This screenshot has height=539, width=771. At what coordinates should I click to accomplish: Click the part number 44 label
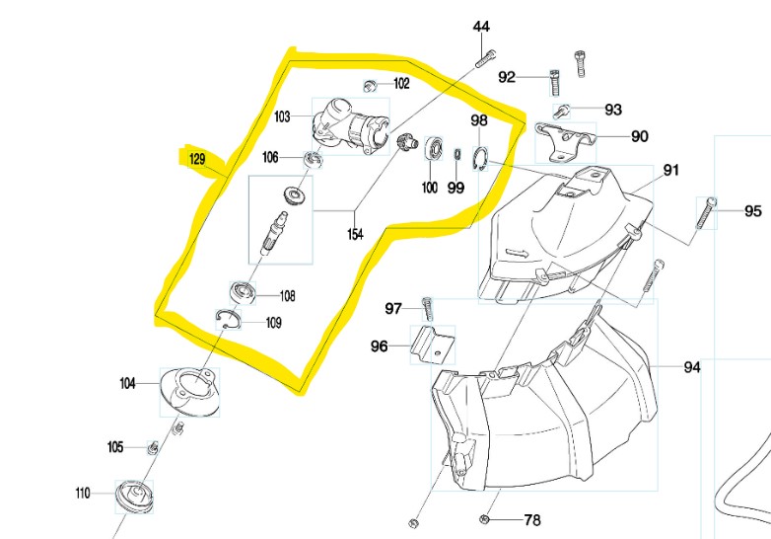point(481,26)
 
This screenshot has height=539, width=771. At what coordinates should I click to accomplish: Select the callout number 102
point(402,84)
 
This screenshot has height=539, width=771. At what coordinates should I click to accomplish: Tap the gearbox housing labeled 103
point(344,131)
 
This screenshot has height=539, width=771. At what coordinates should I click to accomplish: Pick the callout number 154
point(354,235)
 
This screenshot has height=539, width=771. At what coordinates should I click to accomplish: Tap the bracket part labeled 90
point(565,137)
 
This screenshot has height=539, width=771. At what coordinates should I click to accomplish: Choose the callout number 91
point(670,170)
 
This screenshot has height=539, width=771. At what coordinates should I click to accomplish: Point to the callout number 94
point(692,367)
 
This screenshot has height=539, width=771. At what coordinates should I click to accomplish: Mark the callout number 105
point(115,447)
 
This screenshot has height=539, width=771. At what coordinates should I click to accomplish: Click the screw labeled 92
point(553,77)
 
